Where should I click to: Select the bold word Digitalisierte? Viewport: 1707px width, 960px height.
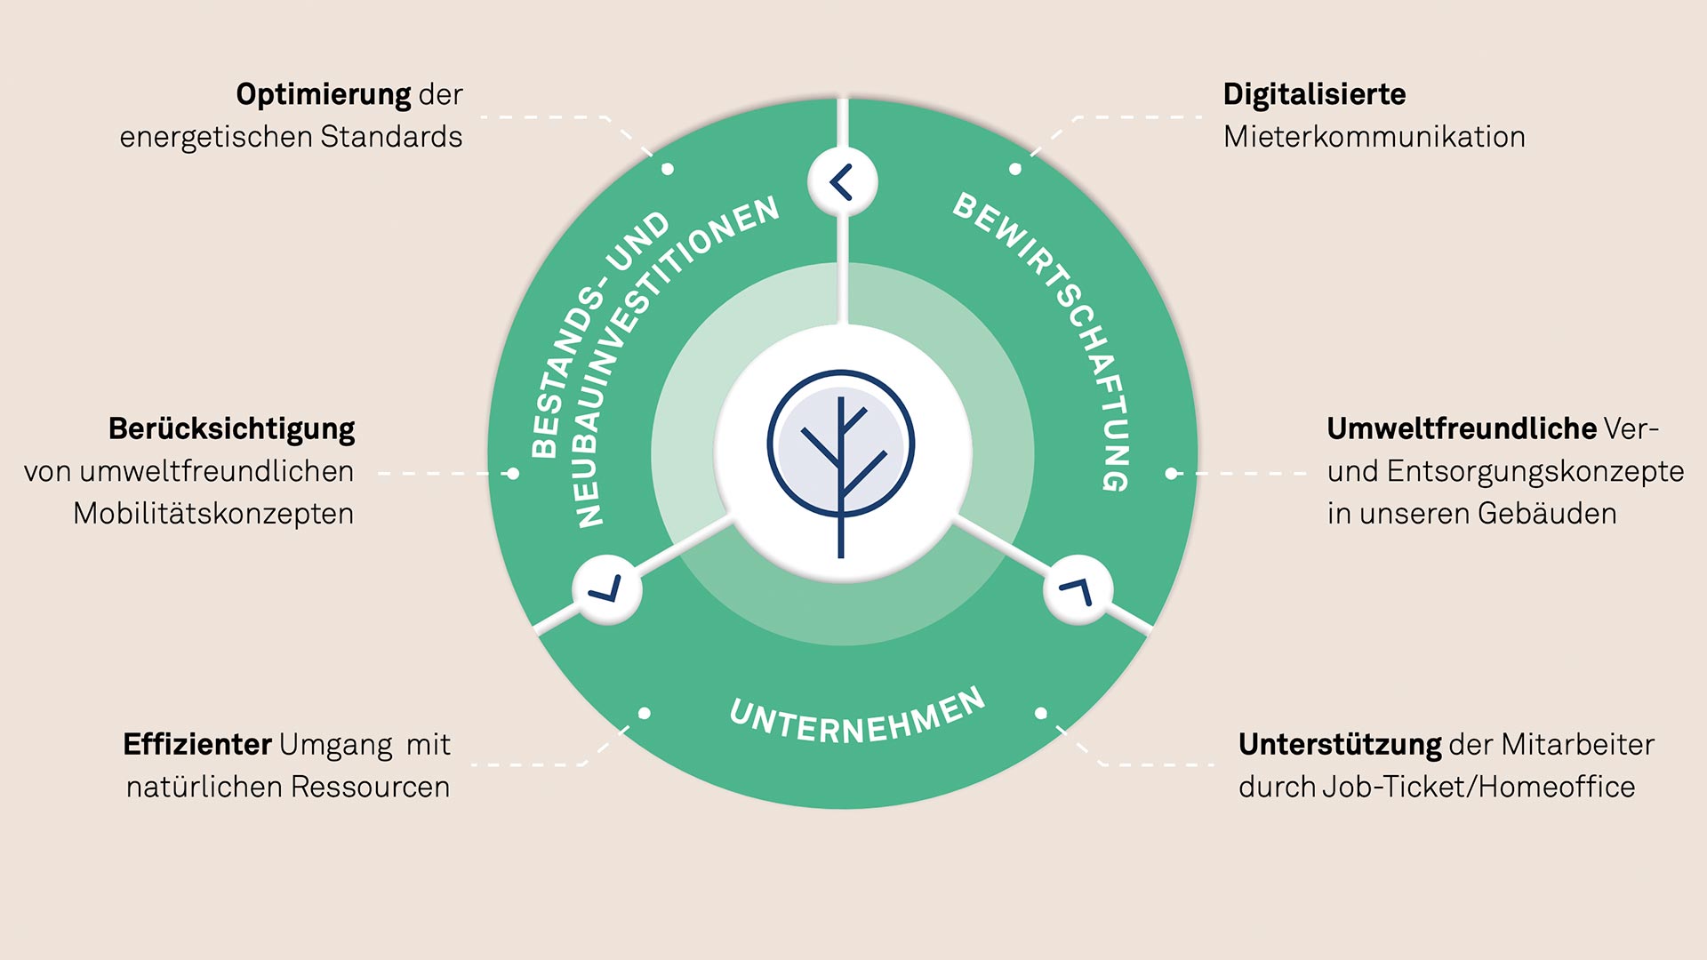click(1314, 94)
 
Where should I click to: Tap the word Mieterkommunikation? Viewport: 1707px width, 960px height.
click(1374, 137)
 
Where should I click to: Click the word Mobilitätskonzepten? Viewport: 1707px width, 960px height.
click(213, 514)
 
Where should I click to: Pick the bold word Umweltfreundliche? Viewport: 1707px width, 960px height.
click(1462, 428)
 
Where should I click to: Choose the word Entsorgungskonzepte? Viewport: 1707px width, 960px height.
click(1535, 472)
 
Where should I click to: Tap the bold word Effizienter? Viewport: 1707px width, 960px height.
click(197, 744)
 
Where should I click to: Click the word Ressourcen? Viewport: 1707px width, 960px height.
click(370, 787)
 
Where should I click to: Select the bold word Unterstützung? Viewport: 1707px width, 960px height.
click(1340, 745)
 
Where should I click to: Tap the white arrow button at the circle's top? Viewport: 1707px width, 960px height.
click(842, 182)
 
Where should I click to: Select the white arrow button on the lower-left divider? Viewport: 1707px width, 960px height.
click(606, 588)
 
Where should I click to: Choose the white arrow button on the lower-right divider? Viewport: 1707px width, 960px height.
click(1078, 589)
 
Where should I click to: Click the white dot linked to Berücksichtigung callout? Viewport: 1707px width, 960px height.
click(512, 474)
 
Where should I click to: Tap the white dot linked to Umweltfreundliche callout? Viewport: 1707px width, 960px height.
click(1172, 474)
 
